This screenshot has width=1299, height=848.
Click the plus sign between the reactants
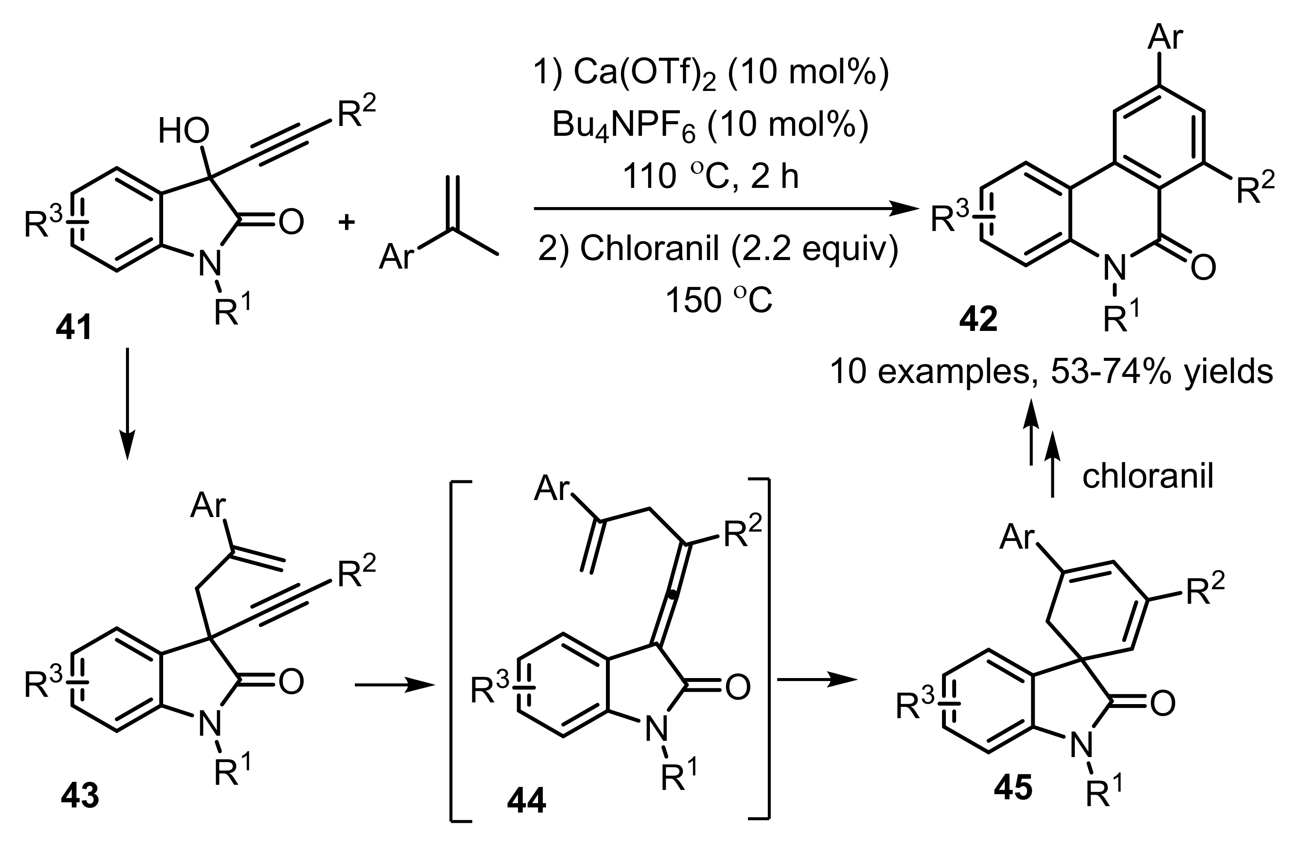coord(346,222)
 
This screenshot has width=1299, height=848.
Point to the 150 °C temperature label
coord(719,300)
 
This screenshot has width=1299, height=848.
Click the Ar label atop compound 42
coord(1165,37)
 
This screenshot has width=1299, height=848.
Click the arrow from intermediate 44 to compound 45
coord(816,679)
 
